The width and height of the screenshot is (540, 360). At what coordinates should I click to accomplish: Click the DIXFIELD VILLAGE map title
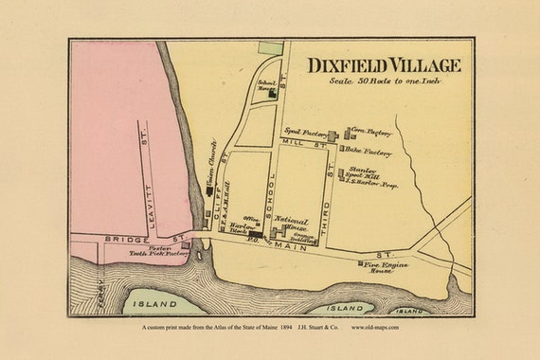(384, 65)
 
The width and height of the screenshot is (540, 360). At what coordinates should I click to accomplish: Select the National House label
(291, 223)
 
